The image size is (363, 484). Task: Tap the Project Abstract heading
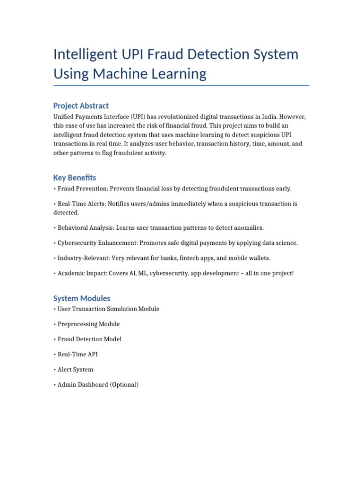[81, 105]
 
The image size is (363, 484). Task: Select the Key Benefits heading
[75, 178]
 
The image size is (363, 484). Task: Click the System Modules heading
[82, 298]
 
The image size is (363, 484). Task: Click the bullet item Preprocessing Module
[88, 324]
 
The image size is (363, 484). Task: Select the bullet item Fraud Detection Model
[89, 339]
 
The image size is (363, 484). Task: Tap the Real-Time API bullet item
[78, 354]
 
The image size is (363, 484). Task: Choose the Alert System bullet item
[75, 370]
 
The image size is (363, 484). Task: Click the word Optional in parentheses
[124, 385]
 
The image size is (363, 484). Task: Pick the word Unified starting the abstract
[64, 117]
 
